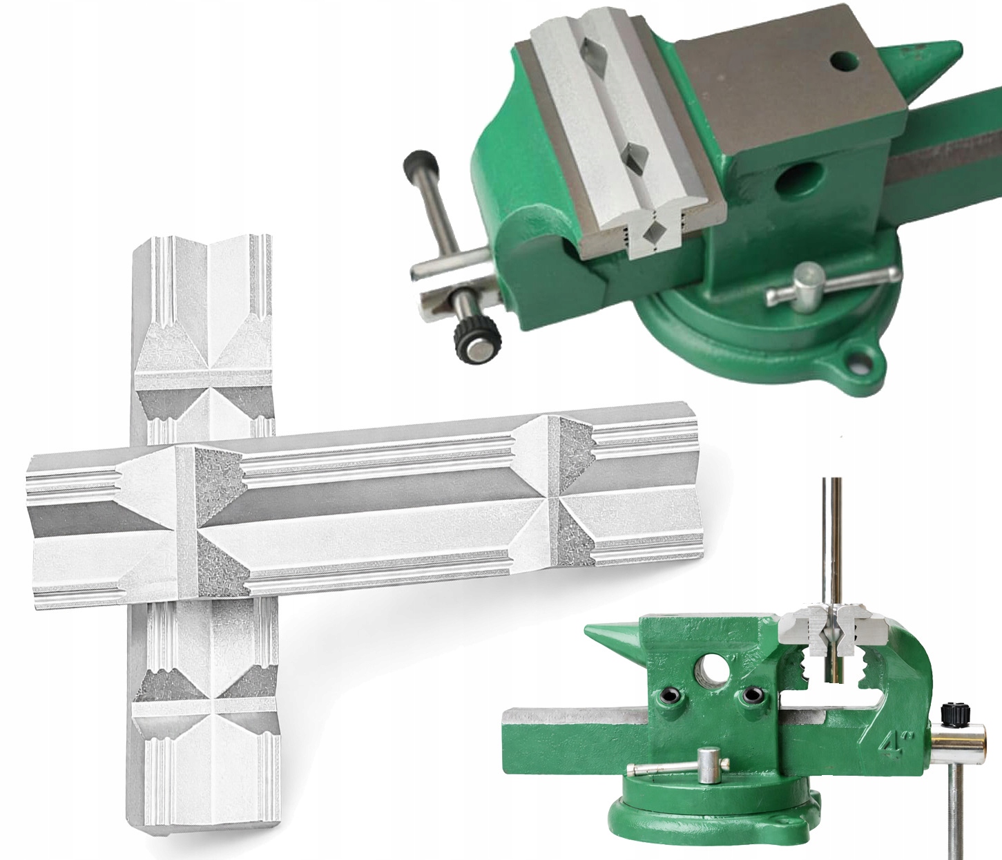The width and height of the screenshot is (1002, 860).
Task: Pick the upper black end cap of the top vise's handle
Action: pos(420,165)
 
